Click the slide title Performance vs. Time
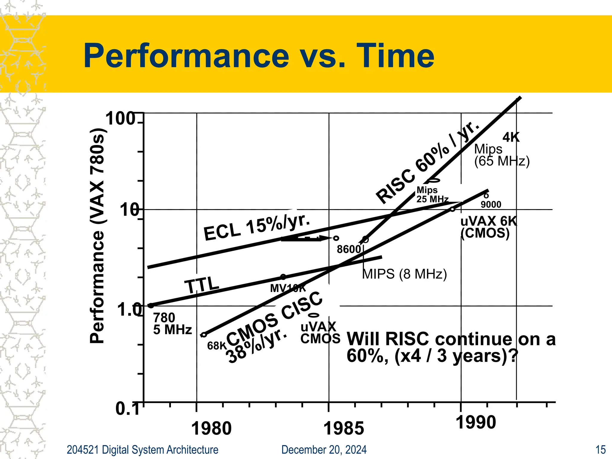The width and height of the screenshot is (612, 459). click(259, 56)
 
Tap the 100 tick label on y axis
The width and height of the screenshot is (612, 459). click(121, 119)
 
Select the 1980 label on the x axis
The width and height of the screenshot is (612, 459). click(211, 429)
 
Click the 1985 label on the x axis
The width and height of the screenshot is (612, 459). click(344, 429)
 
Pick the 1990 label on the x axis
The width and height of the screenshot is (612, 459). click(476, 423)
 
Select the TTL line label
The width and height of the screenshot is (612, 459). click(202, 285)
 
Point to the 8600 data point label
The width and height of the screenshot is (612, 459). click(348, 249)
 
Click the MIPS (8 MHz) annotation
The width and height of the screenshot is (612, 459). click(404, 274)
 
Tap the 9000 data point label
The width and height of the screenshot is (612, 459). click(491, 204)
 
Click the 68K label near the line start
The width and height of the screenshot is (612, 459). click(217, 346)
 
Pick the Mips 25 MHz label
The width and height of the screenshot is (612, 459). click(432, 194)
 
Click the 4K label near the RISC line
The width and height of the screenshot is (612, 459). click(511, 137)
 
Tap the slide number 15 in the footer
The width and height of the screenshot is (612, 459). click(600, 450)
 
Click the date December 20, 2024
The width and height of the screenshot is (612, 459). click(324, 450)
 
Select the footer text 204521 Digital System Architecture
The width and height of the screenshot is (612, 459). click(142, 450)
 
